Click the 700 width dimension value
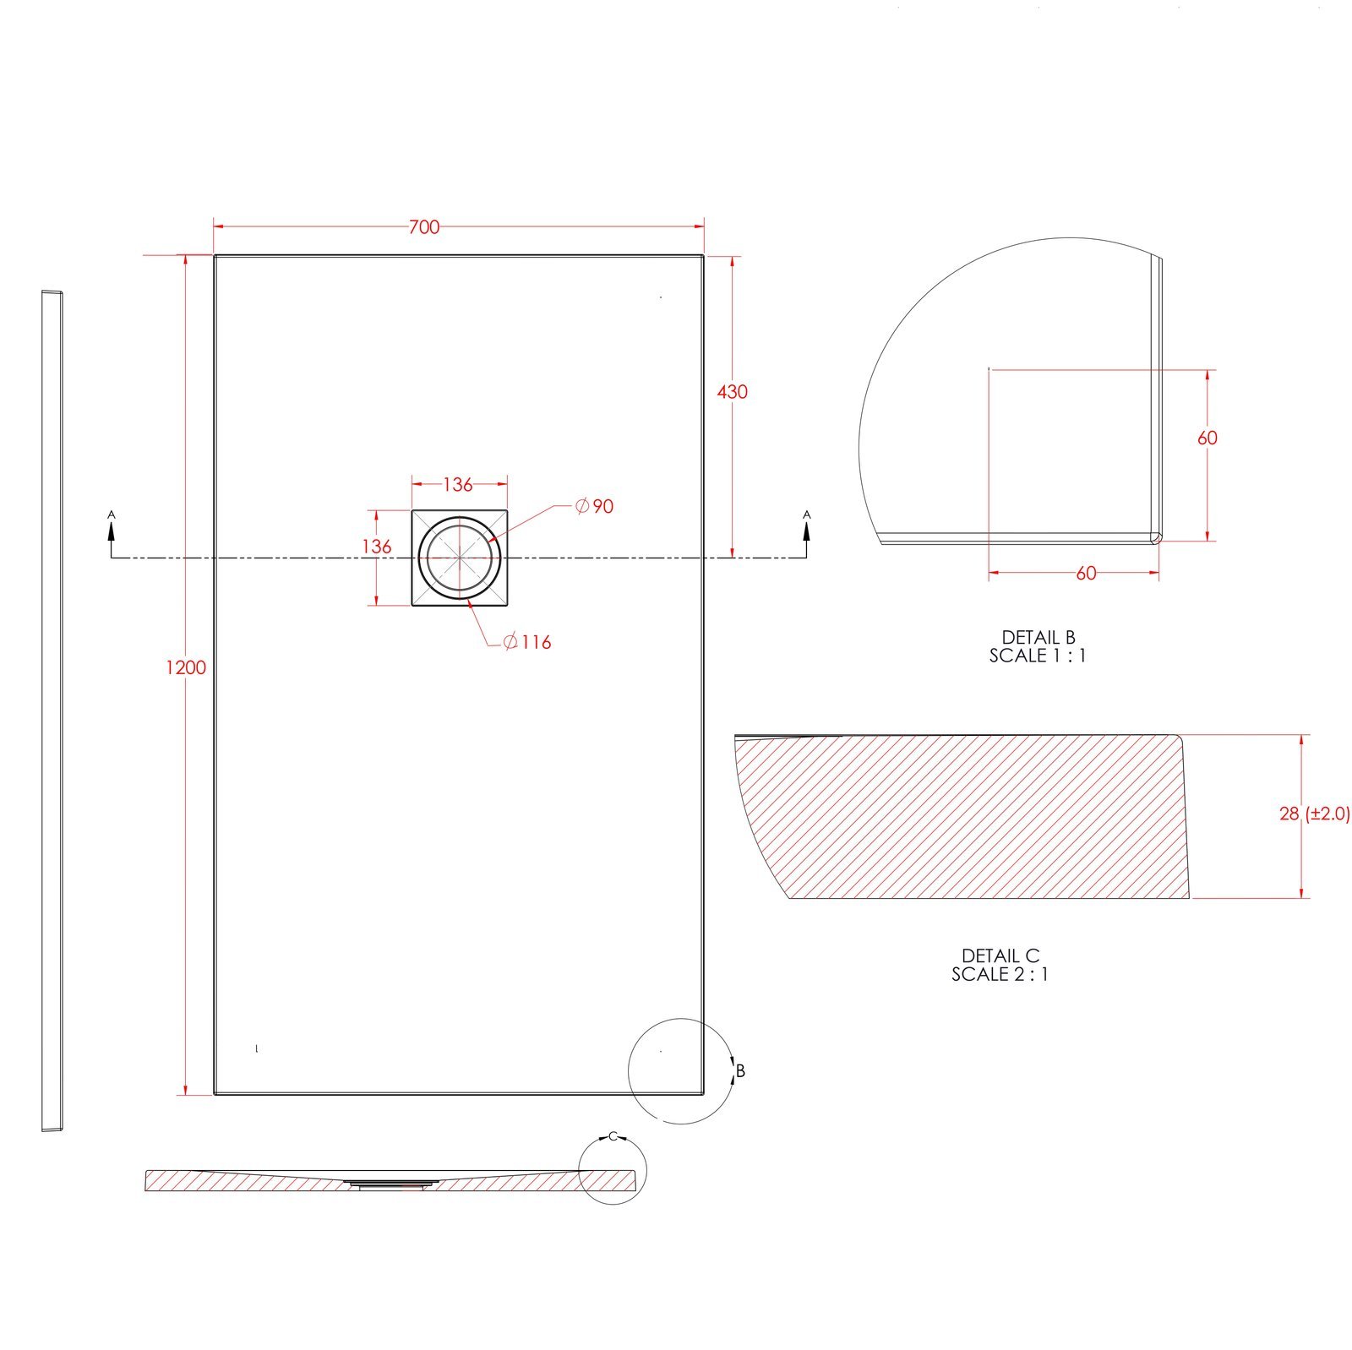tap(424, 227)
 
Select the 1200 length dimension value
tap(186, 667)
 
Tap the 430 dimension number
tap(733, 392)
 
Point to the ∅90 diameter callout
tap(594, 506)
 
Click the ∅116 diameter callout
tap(527, 642)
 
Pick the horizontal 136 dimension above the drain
tap(458, 485)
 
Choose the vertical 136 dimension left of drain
tap(377, 547)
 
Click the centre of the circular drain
tap(460, 558)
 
